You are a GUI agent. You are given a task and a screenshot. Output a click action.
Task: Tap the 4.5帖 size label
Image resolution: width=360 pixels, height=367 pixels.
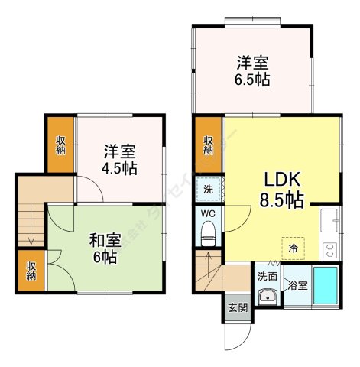pos(121,167)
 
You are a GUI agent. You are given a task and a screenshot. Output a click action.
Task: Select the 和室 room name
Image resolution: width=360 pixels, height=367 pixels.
pos(105,239)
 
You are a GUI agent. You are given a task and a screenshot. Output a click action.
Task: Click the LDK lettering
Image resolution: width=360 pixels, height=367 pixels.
pos(284,180)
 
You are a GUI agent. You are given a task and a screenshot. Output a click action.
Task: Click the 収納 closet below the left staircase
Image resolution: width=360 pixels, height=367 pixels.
pos(31,270)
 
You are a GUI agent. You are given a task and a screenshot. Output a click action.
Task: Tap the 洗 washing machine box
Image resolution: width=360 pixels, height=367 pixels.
pos(208,189)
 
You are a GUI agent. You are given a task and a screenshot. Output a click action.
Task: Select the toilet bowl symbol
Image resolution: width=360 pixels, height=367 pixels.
pos(208,237)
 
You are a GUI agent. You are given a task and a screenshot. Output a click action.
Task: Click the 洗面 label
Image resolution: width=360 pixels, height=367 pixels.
pos(267,277)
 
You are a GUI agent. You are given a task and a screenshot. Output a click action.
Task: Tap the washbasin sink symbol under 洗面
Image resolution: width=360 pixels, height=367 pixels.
pos(268,297)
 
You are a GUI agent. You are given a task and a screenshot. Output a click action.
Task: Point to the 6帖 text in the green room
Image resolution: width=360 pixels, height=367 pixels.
pos(105,258)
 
